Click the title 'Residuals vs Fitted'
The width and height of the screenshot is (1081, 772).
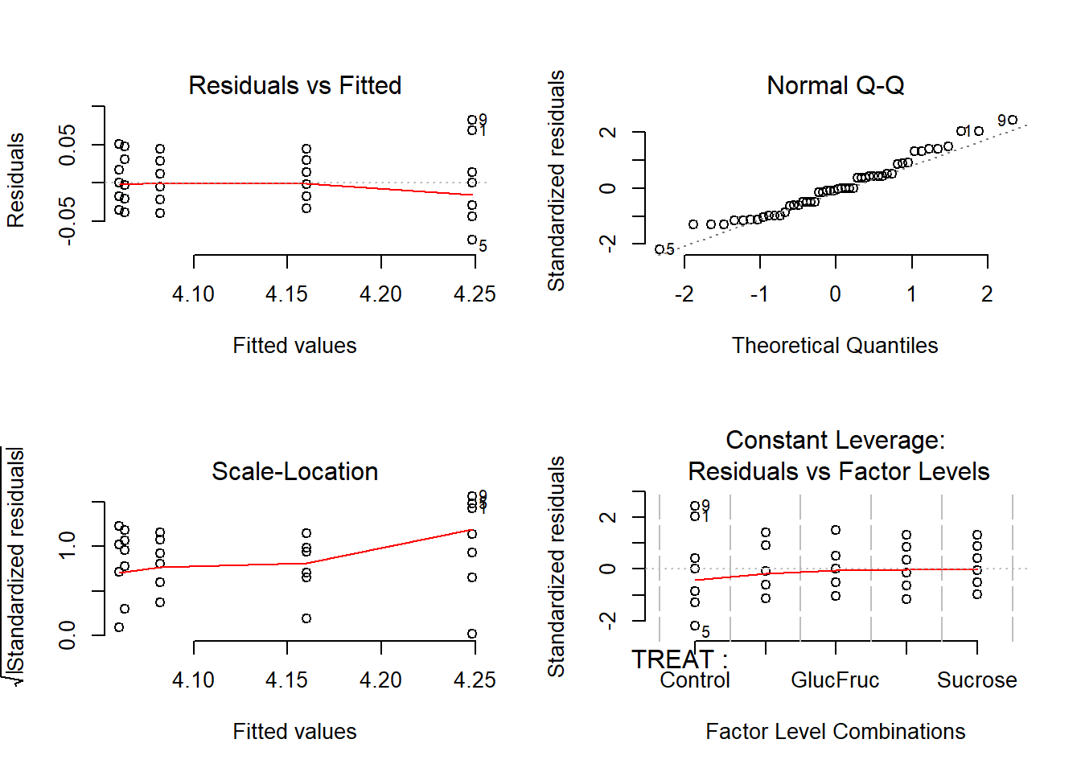pos(294,85)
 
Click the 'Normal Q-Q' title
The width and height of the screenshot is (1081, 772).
pos(835,85)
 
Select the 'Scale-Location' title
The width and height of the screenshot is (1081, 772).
pos(294,471)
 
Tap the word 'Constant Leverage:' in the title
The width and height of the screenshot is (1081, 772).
pos(835,440)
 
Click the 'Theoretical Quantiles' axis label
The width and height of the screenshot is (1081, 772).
pos(835,346)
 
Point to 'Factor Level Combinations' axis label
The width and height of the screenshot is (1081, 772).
pos(835,732)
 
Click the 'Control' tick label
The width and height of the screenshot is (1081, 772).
pos(695,680)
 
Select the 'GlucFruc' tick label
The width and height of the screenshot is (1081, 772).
pos(835,680)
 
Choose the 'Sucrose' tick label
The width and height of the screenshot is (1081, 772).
pos(976,680)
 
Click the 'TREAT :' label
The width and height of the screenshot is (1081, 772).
pos(680,659)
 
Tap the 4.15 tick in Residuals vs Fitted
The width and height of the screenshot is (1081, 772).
pos(286,294)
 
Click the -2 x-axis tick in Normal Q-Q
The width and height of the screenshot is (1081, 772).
pos(684,294)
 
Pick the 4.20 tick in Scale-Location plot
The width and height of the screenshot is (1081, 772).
pos(380,680)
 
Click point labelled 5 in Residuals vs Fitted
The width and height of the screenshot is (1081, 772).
pos(472,240)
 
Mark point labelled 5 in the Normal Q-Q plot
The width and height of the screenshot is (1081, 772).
pos(660,249)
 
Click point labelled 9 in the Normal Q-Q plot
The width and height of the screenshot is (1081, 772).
pos(1013,120)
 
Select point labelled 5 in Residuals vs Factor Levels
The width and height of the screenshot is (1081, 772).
pos(695,626)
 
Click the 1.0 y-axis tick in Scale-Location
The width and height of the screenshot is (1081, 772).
pos(68,545)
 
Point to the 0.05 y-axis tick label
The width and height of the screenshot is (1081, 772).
pos(68,145)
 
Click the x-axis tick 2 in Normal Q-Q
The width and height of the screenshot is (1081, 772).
pos(987,294)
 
